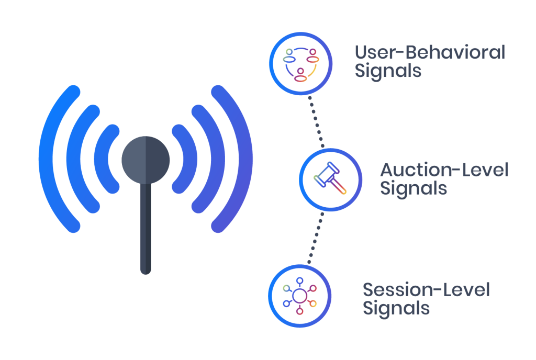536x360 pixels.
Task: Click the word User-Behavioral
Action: click(430, 52)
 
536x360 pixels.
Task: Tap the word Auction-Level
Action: click(444, 170)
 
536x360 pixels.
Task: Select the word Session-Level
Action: click(426, 290)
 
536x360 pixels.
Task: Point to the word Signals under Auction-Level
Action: click(414, 189)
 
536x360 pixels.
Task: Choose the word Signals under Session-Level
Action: click(396, 309)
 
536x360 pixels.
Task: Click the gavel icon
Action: click(330, 178)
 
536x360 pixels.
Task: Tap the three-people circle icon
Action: click(301, 64)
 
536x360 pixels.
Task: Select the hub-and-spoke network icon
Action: click(300, 296)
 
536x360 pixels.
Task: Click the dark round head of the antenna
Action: click(146, 160)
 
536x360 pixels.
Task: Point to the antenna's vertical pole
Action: click(146, 228)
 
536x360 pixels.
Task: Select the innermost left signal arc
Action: click(102, 159)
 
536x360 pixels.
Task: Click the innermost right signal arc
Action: click(189, 159)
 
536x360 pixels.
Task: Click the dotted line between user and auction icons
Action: click(316, 122)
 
